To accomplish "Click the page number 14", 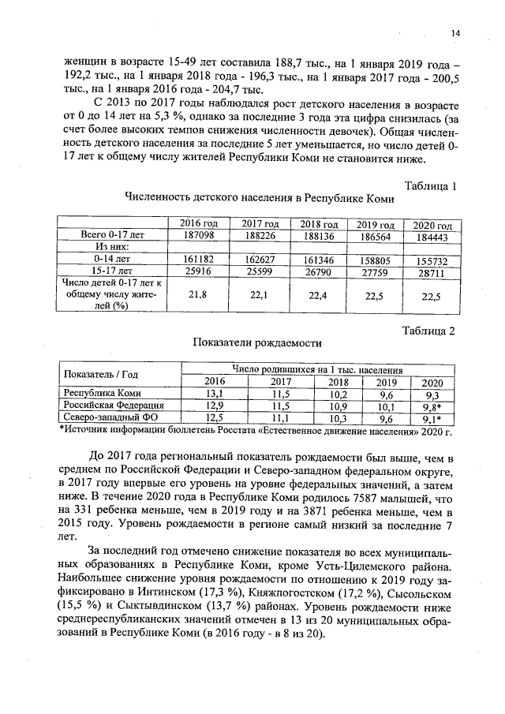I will pos(455,32).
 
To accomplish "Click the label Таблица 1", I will pos(430,186).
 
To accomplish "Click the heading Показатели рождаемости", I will pos(257,343).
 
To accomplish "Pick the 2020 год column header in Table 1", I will pos(432,226).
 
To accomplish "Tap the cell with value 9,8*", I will pos(431,406).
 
